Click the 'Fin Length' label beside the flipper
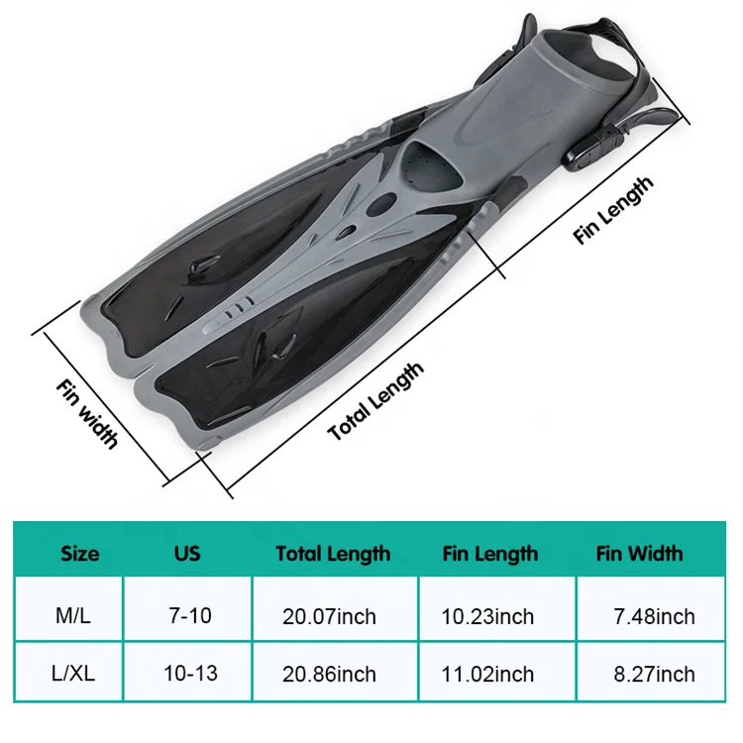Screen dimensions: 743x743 (614, 211)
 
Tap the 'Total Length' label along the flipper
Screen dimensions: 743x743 (375, 402)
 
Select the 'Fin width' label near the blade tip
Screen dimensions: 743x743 (86, 410)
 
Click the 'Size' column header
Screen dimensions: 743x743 (80, 553)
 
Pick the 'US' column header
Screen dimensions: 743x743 (187, 553)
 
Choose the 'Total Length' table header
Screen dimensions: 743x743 (333, 554)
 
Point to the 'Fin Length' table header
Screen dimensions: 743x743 (490, 554)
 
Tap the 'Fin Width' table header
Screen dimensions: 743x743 (639, 553)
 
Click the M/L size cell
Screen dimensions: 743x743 (81, 616)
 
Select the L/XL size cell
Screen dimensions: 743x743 (81, 674)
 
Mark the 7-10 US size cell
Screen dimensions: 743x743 (187, 616)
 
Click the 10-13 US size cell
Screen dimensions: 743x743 (187, 674)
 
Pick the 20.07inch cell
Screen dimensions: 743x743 (329, 617)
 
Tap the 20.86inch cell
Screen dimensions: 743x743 (329, 675)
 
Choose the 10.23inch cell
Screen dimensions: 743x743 (489, 617)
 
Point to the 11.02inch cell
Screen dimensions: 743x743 (489, 675)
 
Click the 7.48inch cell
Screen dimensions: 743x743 (654, 617)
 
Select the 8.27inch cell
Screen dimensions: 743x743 (654, 675)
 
